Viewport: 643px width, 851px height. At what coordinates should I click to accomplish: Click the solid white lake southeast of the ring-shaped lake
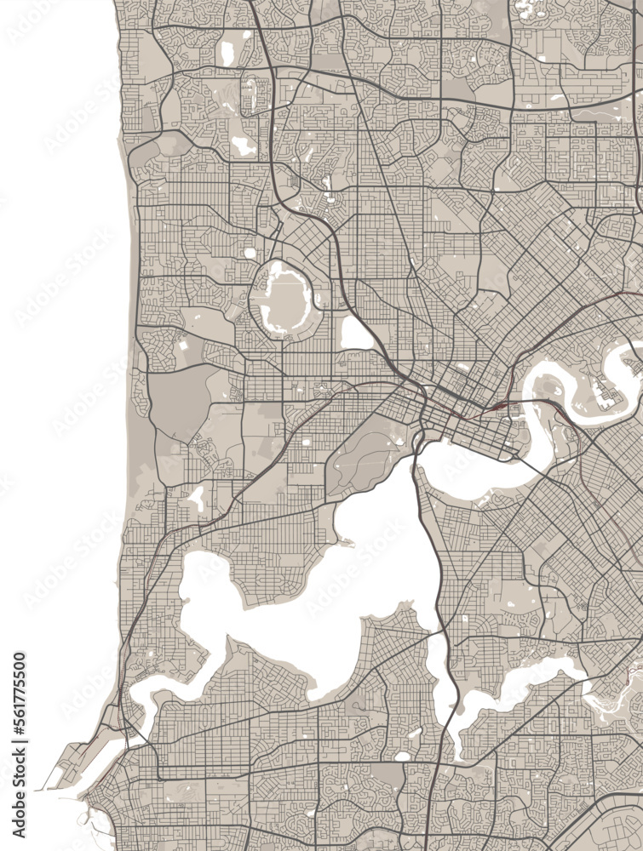(x=356, y=334)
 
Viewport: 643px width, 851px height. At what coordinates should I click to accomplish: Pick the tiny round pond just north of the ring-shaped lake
(x=250, y=253)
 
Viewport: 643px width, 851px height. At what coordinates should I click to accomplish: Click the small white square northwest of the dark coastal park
(x=182, y=348)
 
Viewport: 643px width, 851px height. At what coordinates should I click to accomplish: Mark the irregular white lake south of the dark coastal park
(x=197, y=499)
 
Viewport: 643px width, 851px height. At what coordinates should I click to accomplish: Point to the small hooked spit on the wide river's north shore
(x=345, y=540)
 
